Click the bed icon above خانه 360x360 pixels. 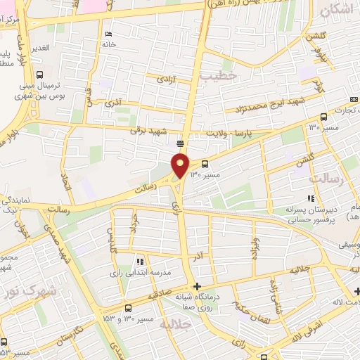(107, 34)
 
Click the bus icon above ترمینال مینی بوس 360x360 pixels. (39, 75)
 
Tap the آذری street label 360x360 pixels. (113, 104)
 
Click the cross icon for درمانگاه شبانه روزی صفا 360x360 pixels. (198, 286)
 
